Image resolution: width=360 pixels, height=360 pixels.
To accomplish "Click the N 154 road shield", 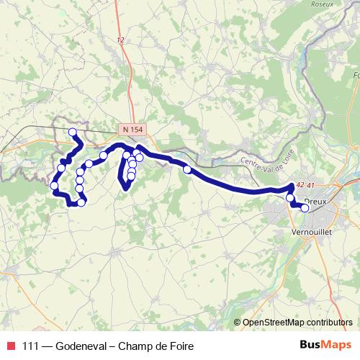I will [x=132, y=129].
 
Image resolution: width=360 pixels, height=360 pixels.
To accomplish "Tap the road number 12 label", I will [x=120, y=41].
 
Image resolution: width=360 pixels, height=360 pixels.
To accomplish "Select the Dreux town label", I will [x=315, y=202].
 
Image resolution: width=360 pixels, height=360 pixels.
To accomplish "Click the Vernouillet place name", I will [x=309, y=233].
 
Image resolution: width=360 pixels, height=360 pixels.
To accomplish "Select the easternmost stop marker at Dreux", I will [x=305, y=208].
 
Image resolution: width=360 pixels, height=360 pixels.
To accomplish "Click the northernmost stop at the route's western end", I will [x=72, y=132].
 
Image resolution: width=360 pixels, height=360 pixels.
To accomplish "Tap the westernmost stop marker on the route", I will [x=54, y=186].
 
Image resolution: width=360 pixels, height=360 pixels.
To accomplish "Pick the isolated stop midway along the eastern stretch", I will [x=187, y=169].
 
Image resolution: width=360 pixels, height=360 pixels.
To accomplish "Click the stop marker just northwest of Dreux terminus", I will [x=290, y=197].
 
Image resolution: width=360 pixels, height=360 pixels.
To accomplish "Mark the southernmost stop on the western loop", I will [x=81, y=203].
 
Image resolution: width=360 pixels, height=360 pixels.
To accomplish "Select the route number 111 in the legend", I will [x=32, y=346].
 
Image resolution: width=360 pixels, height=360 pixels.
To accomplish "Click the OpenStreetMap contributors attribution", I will [x=297, y=322].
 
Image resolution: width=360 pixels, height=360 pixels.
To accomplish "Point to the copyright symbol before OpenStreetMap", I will [x=238, y=322].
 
